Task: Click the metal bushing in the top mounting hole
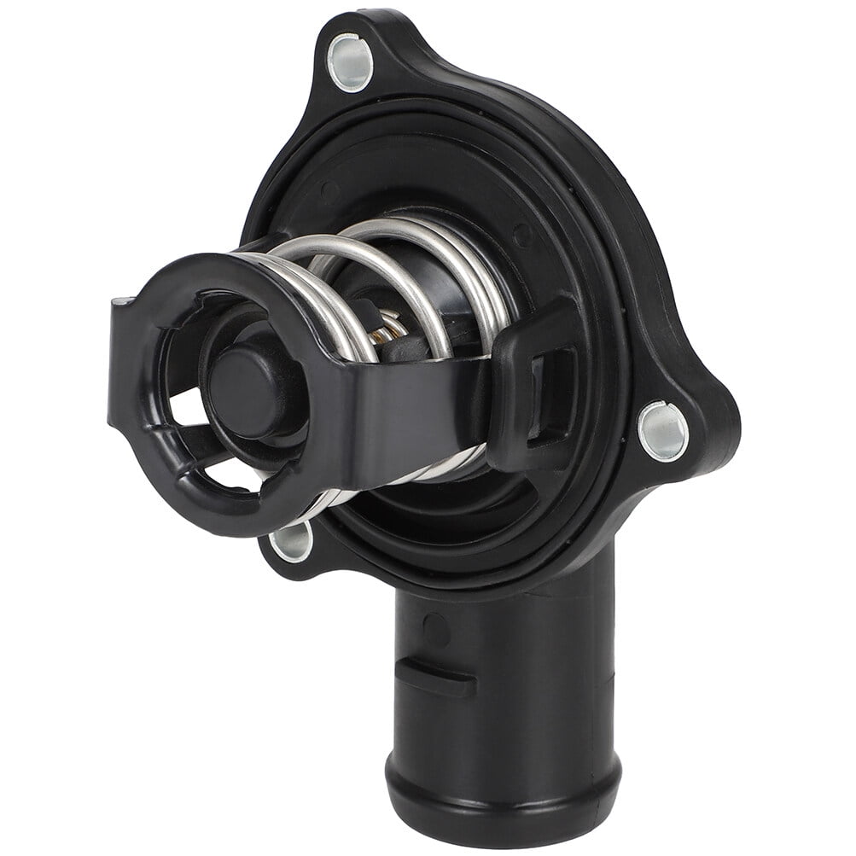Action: (351, 62)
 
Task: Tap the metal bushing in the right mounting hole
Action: (663, 429)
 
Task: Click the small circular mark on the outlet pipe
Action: (436, 630)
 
